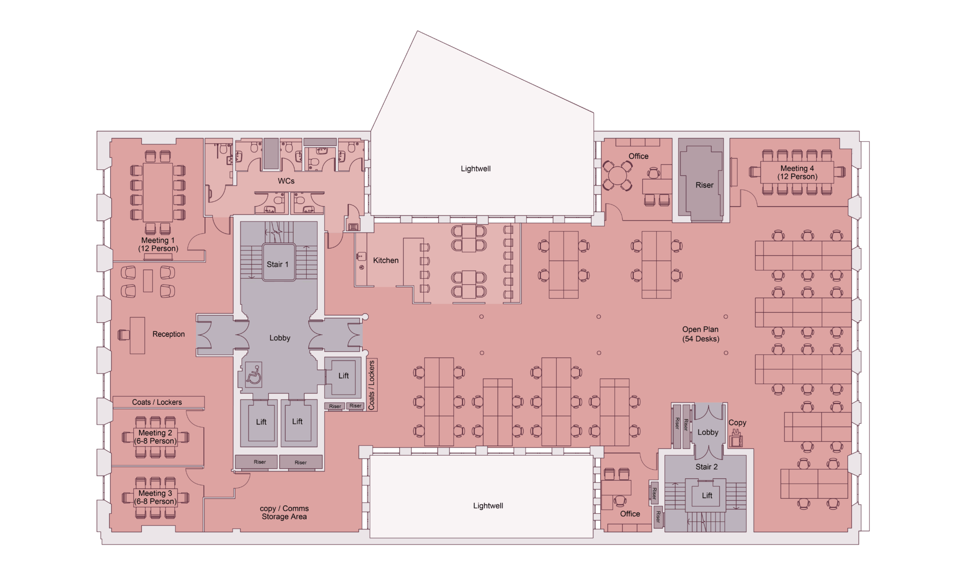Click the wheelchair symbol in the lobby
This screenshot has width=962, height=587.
click(x=254, y=375)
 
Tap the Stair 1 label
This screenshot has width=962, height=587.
click(x=278, y=264)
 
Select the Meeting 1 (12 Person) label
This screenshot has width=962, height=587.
click(x=158, y=245)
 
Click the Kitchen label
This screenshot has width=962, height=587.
click(x=386, y=260)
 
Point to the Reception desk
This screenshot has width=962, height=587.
click(x=137, y=335)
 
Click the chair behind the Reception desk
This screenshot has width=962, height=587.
click(x=124, y=334)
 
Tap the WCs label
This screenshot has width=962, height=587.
click(x=286, y=181)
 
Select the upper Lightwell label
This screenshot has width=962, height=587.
click(x=475, y=168)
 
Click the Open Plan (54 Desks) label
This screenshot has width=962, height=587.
click(x=700, y=334)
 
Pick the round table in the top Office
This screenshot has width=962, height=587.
click(x=618, y=175)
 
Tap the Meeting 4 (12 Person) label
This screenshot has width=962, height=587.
click(x=797, y=172)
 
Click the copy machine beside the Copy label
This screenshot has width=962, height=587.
click(x=736, y=440)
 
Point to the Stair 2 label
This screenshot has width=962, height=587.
click(x=706, y=467)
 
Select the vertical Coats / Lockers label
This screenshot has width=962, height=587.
click(x=372, y=385)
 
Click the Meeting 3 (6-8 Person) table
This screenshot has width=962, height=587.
click(x=155, y=497)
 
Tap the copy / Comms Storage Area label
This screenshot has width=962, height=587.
click(x=284, y=512)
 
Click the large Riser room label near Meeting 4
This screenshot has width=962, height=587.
click(x=704, y=185)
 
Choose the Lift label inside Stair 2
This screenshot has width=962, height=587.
click(x=707, y=495)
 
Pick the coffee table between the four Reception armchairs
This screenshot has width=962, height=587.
click(x=148, y=281)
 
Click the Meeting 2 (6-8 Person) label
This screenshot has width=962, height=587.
click(x=155, y=437)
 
